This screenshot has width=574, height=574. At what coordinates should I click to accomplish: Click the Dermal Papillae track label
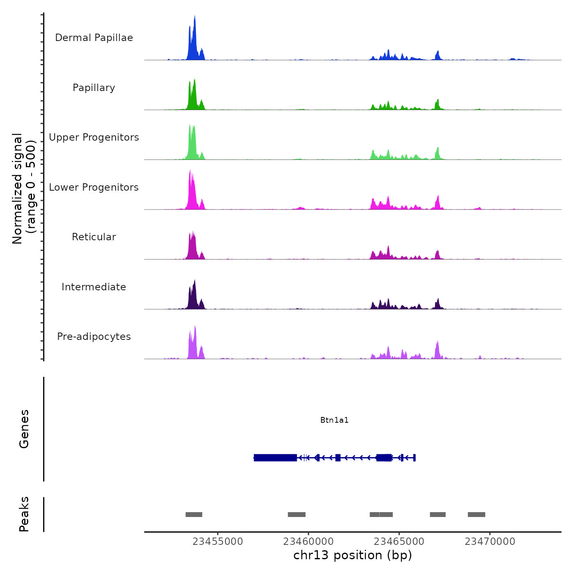pos(94,38)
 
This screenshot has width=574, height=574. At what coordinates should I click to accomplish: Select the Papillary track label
pos(94,88)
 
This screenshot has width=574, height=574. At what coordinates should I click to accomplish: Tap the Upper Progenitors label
pos(94,137)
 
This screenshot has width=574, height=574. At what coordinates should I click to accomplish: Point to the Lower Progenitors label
pos(94,187)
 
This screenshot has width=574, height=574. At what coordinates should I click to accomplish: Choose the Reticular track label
pos(94,237)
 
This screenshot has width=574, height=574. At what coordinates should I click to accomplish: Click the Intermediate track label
pos(94,287)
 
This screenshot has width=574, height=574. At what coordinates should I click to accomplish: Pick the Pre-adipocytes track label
pos(94,337)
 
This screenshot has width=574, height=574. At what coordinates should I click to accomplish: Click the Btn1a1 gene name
pos(334,420)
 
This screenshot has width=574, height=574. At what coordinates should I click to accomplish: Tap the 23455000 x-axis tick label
pos(218,542)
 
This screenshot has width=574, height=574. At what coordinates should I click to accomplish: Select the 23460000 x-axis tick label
pos(308,542)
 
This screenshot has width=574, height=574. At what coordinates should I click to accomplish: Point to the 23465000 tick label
pos(399,542)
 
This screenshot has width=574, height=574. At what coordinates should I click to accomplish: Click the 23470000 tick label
pos(490,542)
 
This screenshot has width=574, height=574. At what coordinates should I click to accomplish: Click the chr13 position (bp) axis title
pos(353,556)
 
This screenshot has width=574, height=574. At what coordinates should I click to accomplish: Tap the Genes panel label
pos(24,429)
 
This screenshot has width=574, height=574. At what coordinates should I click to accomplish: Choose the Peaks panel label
pos(24,514)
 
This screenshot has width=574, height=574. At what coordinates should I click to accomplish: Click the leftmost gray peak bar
pos(194,515)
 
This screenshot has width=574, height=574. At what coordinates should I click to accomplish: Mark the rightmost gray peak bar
pos(476,515)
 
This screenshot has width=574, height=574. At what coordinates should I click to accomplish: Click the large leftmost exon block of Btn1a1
pos(275,458)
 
